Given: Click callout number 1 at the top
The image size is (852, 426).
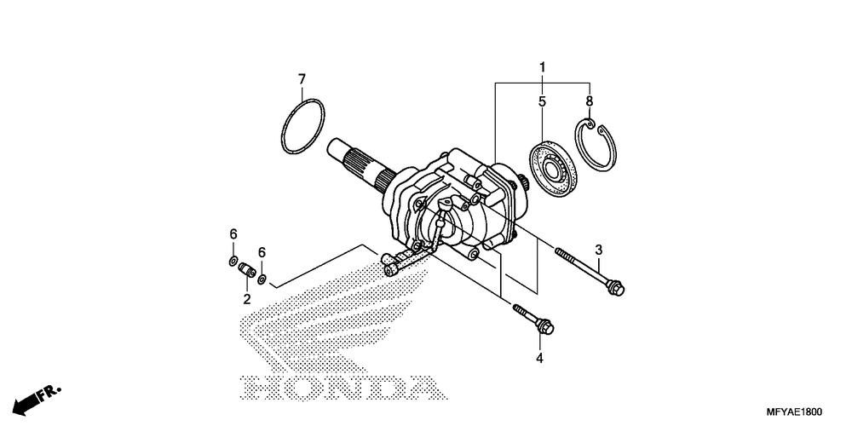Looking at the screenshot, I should (x=542, y=66).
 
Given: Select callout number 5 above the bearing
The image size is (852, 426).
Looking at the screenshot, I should (x=542, y=101).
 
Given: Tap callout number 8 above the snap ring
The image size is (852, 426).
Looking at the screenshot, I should (x=590, y=101).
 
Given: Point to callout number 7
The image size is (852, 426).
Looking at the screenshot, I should (x=302, y=79).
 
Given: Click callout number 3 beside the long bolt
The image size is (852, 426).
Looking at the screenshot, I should (x=598, y=250).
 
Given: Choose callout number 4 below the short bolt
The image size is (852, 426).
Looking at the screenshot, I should (x=539, y=359).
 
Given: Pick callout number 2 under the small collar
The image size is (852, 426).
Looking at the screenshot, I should (x=247, y=299).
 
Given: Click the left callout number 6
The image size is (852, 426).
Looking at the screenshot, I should (x=233, y=234).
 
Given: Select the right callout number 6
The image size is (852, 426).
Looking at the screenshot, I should (x=262, y=252).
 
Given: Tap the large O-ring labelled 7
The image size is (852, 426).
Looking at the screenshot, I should (x=303, y=128).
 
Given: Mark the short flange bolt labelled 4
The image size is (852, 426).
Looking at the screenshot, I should (x=532, y=320).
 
